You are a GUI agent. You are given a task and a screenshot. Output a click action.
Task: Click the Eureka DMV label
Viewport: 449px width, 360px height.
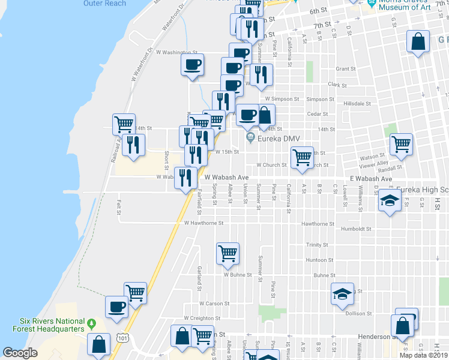pos(274,139)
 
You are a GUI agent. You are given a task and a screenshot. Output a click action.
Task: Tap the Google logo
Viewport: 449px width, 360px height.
pos(20,352)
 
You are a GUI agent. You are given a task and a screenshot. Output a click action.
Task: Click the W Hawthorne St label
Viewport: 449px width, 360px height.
pos(203,223)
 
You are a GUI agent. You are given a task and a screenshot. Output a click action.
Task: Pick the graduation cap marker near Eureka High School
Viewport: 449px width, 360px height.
pos(390,201)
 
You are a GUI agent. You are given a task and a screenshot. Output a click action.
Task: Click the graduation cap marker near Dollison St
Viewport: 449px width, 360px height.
pos(342,295)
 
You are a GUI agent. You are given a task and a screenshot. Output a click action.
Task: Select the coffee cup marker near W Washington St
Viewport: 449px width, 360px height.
pos(192,65)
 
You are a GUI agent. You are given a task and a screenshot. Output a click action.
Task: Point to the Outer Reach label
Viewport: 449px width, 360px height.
pos(105,4)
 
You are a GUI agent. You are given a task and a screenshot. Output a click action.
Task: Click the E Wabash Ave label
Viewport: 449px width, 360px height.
pos(371,179)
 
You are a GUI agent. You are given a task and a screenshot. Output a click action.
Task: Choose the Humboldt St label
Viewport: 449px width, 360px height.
pos(357,229)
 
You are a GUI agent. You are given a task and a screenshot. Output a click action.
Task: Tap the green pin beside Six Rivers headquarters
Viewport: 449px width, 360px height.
pos(91,325)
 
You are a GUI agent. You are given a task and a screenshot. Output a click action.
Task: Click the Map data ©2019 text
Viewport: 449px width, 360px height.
pos(423,355)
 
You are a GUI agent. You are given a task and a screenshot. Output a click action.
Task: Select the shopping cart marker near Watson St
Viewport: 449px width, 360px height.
pos(400,145)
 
